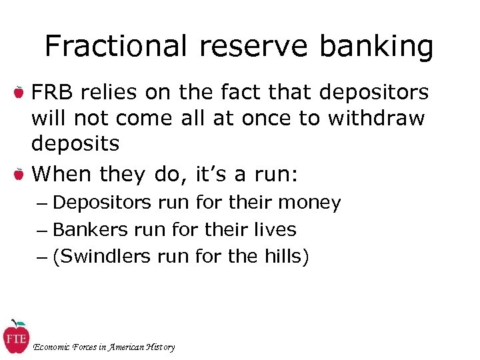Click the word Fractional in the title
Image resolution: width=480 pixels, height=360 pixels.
pyautogui.click(x=115, y=47)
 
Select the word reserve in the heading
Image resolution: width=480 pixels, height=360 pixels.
pyautogui.click(x=253, y=47)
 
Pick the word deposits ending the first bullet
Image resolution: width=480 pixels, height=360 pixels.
pyautogui.click(x=75, y=143)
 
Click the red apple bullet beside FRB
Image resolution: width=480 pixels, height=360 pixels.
pyautogui.click(x=19, y=92)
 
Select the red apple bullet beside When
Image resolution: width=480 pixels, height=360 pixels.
pyautogui.click(x=19, y=174)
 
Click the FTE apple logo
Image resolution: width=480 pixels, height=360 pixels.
pyautogui.click(x=15, y=337)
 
